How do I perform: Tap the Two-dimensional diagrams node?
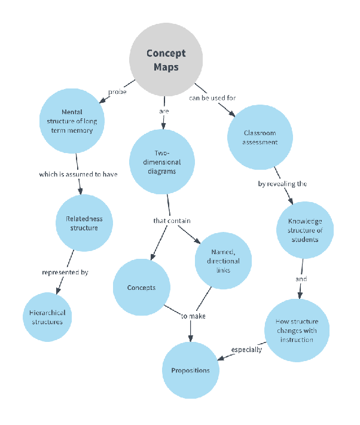point(163,161)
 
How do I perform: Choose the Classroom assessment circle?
point(260,138)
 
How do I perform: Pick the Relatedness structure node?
point(85,223)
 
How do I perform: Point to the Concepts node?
point(141,288)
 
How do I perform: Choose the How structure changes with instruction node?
point(297,331)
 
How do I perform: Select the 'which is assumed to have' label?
point(78,175)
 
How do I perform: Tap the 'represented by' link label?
point(65,273)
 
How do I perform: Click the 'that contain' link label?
point(172,221)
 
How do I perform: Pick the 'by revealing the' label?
point(282,184)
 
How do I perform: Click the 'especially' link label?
point(246,350)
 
